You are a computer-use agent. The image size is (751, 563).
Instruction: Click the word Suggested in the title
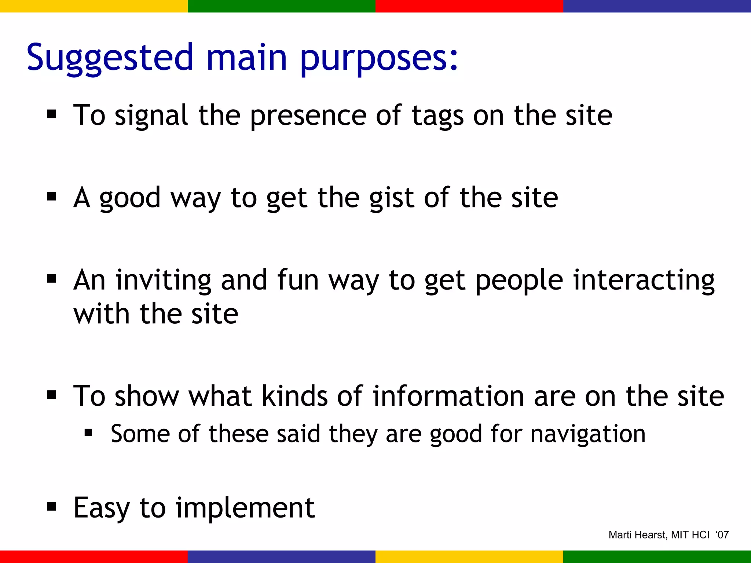110,58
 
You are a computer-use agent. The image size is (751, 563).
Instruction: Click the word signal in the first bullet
151,116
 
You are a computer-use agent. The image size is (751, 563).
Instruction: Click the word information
448,396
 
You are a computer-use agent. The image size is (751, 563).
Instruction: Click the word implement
245,508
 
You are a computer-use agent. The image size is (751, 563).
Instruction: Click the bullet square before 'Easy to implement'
52,507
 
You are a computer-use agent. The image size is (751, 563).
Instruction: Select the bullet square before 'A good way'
52,197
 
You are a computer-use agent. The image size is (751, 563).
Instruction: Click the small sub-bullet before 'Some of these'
88,433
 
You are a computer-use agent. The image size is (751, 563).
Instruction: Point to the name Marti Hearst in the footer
637,535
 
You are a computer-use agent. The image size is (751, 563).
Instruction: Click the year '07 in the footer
722,535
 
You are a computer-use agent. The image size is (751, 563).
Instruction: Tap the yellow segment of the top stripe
94,6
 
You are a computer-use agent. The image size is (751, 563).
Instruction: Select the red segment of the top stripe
469,6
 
